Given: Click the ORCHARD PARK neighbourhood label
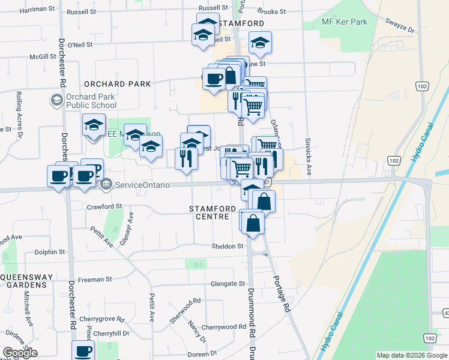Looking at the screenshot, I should pyautogui.click(x=118, y=84).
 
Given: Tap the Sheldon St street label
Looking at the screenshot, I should pyautogui.click(x=227, y=246).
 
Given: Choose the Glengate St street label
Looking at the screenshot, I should pyautogui.click(x=228, y=284).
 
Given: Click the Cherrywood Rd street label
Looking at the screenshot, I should pyautogui.click(x=224, y=327).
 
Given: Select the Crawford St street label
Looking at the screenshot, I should pyautogui.click(x=105, y=206).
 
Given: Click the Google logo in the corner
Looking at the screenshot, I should pyautogui.click(x=20, y=353).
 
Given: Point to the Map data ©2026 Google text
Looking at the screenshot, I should pyautogui.click(x=411, y=355).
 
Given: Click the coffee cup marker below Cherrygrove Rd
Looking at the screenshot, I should pyautogui.click(x=83, y=352).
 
